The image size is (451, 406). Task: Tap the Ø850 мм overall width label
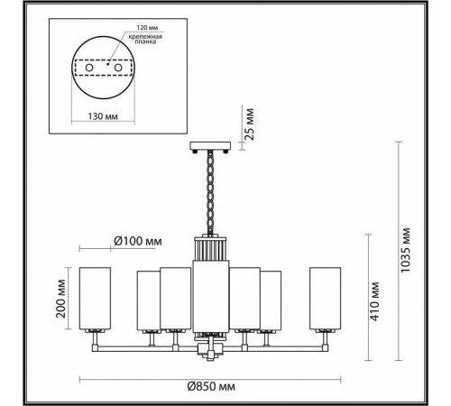(212, 387)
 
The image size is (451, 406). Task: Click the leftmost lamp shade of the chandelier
(94, 299)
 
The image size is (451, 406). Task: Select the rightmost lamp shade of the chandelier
(326, 299)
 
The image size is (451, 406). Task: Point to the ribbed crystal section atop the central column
(210, 248)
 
